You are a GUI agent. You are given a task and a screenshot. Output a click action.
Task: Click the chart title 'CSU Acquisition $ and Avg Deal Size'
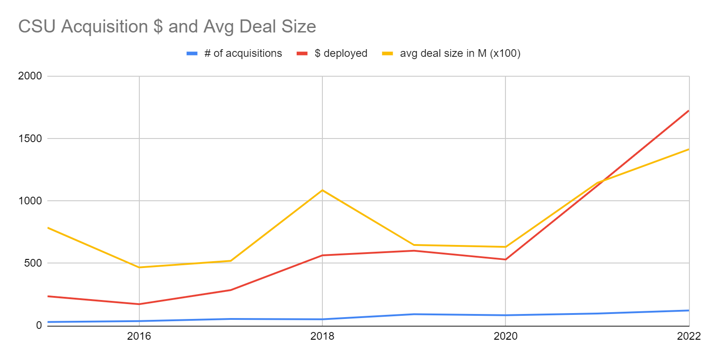167,27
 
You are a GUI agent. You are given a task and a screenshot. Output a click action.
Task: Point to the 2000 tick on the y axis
30,76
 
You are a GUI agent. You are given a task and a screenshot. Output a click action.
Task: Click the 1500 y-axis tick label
30,138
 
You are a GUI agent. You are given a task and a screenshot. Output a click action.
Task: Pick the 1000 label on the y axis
30,201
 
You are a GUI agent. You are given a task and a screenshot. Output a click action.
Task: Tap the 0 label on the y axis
39,325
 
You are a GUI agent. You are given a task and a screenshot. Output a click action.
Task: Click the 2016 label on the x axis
139,336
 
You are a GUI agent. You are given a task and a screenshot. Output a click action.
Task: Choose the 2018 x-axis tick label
322,336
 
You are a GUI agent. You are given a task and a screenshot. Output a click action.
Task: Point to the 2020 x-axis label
505,336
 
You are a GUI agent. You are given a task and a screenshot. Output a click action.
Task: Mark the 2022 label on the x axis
689,336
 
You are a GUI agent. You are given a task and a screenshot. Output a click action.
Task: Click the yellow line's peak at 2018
322,190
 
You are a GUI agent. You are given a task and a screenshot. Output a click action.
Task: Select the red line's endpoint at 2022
689,111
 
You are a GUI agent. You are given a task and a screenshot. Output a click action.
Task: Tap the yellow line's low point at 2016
139,268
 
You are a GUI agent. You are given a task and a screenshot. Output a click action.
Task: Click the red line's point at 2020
505,259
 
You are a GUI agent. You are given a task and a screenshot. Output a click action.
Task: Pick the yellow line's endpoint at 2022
689,149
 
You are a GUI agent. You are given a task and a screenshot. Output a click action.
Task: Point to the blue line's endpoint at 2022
689,310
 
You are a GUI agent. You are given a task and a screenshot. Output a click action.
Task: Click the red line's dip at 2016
139,304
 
